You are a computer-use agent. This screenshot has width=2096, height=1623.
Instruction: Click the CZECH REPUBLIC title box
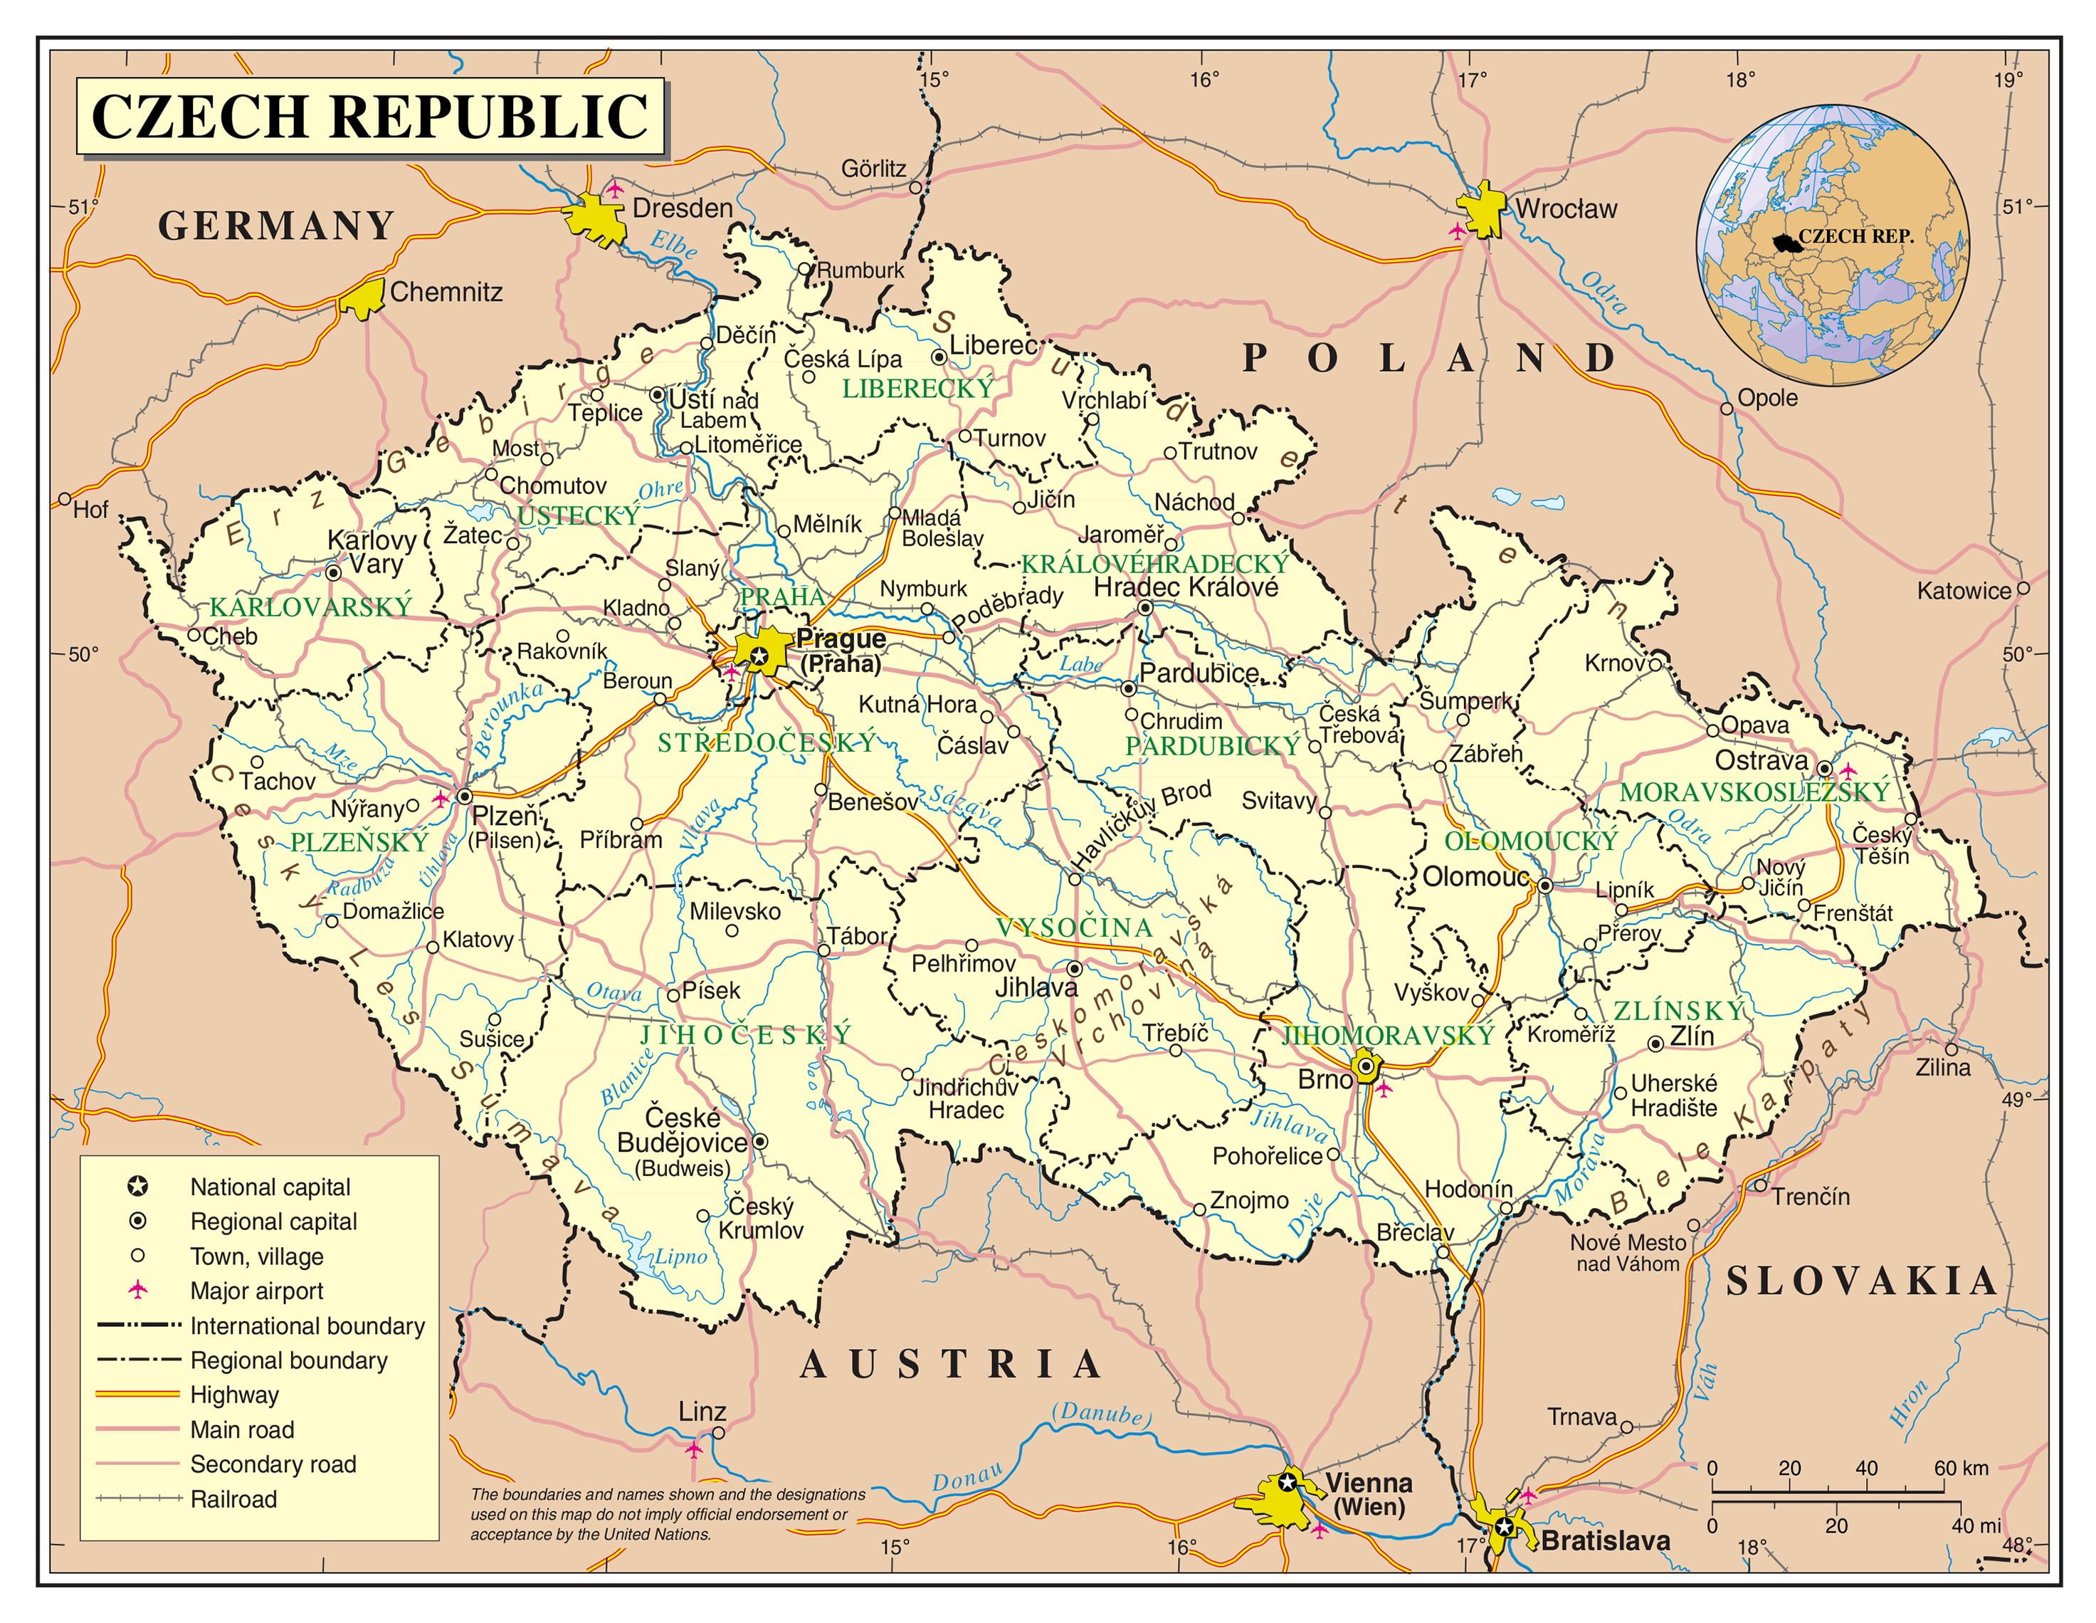pyautogui.click(x=369, y=117)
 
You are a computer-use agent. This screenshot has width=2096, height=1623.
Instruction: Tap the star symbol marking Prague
pyautogui.click(x=758, y=656)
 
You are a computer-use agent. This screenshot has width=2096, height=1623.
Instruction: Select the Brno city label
pyautogui.click(x=1324, y=1080)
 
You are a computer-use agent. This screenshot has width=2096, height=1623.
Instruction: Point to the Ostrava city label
pyautogui.click(x=1761, y=761)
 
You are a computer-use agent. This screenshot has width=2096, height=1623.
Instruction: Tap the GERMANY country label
pyautogui.click(x=276, y=226)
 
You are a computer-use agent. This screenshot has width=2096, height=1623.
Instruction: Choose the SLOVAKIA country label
pyautogui.click(x=1861, y=1282)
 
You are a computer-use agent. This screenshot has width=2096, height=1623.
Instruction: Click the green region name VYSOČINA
pyautogui.click(x=1074, y=927)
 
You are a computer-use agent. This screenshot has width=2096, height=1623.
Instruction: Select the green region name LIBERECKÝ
pyautogui.click(x=917, y=389)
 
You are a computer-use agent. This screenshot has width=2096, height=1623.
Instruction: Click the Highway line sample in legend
pyautogui.click(x=138, y=1394)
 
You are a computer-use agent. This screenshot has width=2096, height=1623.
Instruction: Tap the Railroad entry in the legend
pyautogui.click(x=233, y=1498)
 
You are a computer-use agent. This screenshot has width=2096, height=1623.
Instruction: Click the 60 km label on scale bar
pyautogui.click(x=1961, y=1468)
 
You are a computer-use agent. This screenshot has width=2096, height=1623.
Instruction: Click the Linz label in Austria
pyautogui.click(x=702, y=1412)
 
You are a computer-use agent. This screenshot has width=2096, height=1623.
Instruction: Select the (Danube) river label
pyautogui.click(x=1101, y=1414)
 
